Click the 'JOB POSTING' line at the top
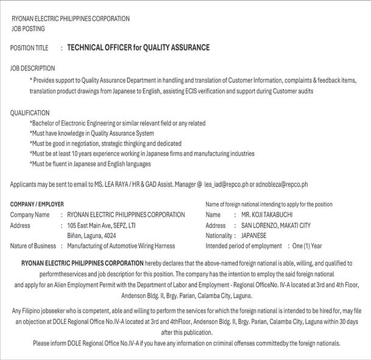tap(28, 29)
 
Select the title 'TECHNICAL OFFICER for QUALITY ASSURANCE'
tap(138, 48)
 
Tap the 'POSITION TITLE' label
tap(29, 48)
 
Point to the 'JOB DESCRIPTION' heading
tap(32, 68)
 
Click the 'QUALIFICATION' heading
tap(30, 113)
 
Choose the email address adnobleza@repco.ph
tap(282, 184)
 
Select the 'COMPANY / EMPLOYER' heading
tap(37, 204)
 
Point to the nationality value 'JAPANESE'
tap(253, 235)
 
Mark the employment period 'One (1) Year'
tap(307, 246)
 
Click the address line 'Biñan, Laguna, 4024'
tap(91, 235)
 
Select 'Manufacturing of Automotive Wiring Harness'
tap(121, 246)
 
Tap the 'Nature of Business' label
tap(33, 246)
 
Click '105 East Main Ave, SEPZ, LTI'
tap(101, 225)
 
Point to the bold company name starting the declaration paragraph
tap(82, 263)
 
